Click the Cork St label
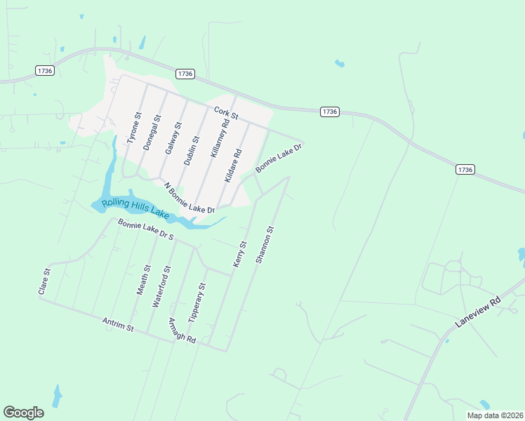click(x=227, y=112)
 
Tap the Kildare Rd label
click(x=233, y=165)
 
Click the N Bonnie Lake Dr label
click(x=189, y=199)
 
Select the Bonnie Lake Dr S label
click(x=145, y=230)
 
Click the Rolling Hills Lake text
click(x=135, y=208)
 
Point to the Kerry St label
click(x=239, y=254)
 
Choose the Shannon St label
click(x=265, y=244)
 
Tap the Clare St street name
click(x=47, y=281)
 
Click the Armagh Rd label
click(x=182, y=330)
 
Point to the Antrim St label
click(x=118, y=323)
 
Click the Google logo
click(x=23, y=413)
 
